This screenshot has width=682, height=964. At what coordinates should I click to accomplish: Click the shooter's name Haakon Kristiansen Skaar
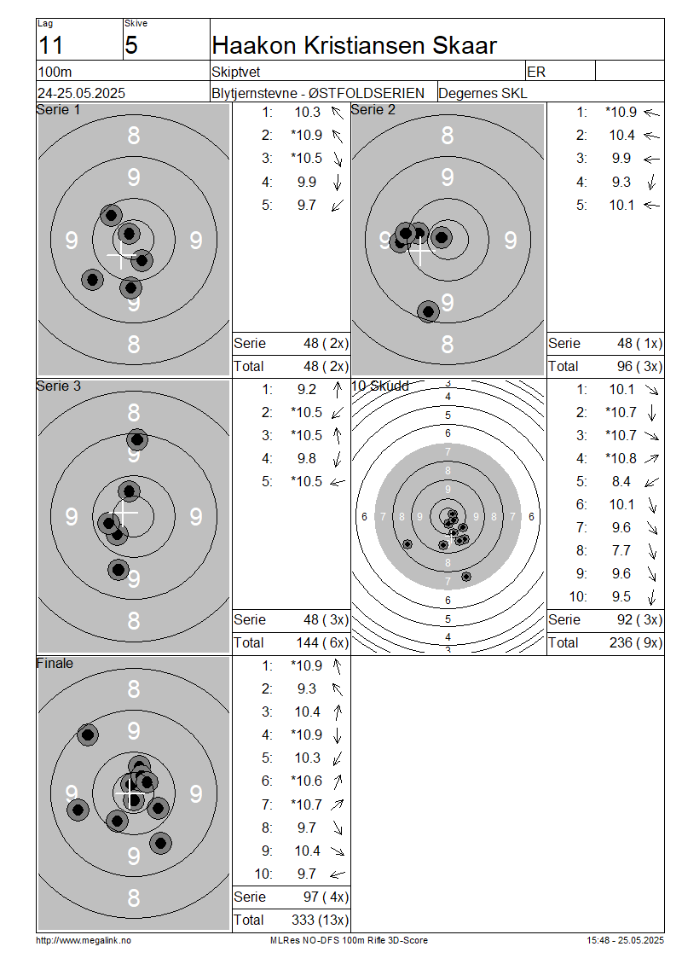tap(354, 45)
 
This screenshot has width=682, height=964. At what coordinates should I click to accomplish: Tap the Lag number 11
tap(50, 45)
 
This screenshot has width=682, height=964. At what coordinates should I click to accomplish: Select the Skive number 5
tap(131, 45)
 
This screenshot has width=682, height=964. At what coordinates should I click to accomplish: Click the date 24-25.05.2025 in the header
tap(81, 93)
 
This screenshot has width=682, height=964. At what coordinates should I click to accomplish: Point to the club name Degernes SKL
tap(483, 93)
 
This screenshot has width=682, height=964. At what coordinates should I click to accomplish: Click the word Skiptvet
tap(236, 72)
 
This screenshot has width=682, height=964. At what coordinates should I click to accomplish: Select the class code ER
tap(536, 72)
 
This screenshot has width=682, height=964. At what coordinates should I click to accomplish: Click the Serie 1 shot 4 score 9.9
tap(307, 182)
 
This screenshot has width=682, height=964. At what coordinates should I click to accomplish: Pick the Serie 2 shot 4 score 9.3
tap(621, 182)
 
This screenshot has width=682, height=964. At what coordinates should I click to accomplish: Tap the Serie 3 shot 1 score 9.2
tap(307, 389)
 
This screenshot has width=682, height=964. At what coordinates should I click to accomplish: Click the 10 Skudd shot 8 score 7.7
tap(621, 550)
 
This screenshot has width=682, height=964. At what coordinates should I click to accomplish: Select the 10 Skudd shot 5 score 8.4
tap(621, 481)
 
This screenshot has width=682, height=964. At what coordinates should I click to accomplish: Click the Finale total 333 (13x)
tap(320, 920)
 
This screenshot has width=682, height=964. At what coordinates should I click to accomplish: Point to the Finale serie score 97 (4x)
tap(326, 897)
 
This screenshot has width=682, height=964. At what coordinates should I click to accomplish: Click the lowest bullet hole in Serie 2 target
tap(428, 311)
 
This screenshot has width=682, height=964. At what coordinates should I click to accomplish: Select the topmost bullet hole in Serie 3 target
tap(137, 439)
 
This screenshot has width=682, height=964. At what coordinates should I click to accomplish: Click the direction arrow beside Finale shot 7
tap(337, 804)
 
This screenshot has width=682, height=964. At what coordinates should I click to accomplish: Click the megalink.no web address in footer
tap(84, 940)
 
